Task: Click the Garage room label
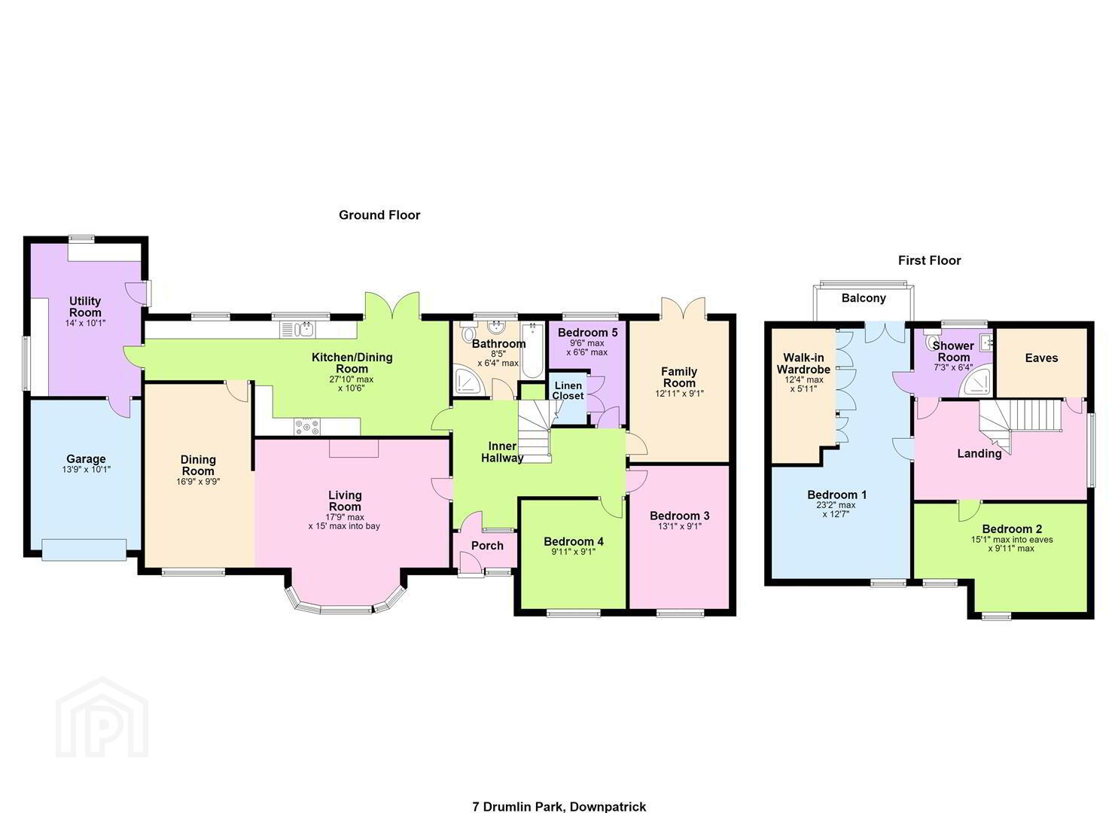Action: click(86, 458)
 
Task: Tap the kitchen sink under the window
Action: click(298, 330)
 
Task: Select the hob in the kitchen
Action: click(307, 427)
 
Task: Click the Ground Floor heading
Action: click(379, 215)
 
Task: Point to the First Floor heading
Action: click(929, 260)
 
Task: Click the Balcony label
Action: click(864, 298)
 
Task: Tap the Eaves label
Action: click(1041, 358)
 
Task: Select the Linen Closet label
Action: click(568, 391)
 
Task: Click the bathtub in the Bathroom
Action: click(532, 352)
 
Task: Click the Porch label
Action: click(487, 546)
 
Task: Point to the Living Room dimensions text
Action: click(344, 522)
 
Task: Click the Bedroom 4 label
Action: click(574, 541)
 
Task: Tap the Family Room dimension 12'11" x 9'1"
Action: click(679, 393)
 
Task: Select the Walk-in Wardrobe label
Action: click(803, 364)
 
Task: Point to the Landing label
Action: click(979, 454)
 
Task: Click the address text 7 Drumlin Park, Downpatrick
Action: click(559, 806)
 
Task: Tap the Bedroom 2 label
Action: click(1011, 529)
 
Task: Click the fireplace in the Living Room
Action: click(354, 448)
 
